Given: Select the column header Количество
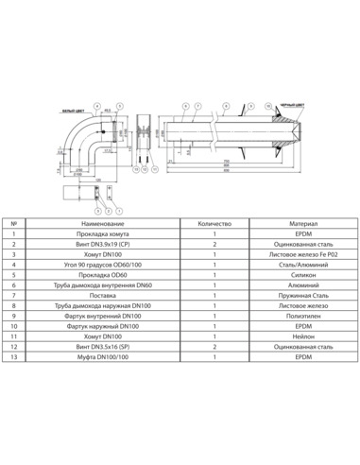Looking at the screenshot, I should click(x=215, y=224).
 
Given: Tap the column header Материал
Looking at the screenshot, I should click(x=299, y=224).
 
